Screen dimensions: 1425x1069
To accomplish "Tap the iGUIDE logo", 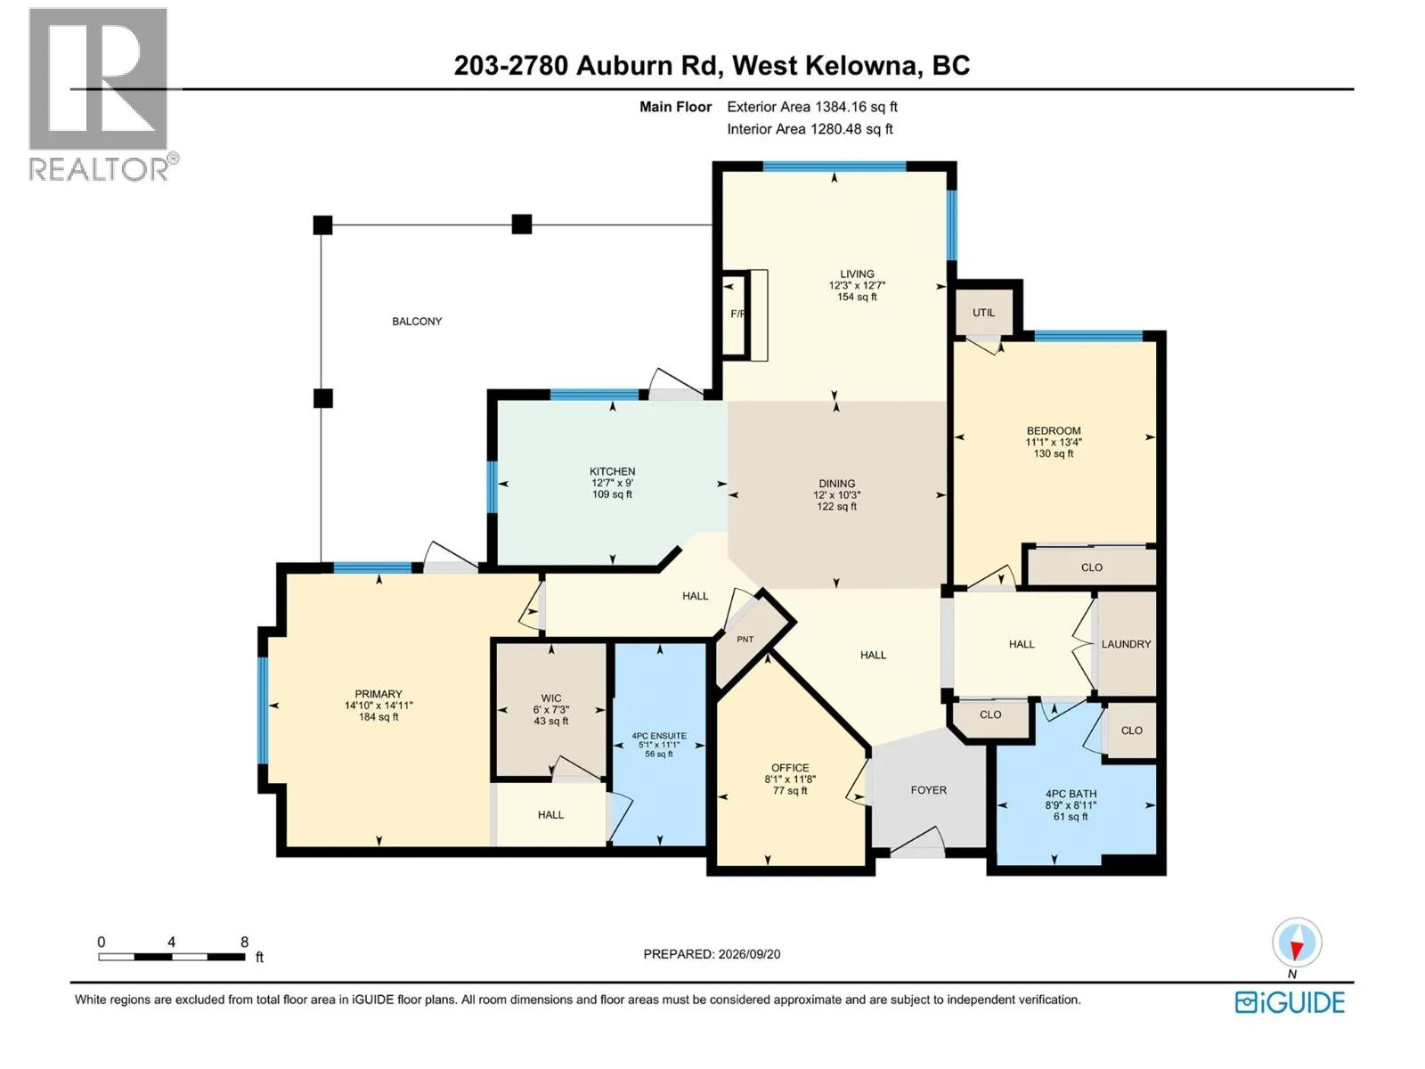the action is pos(1289,1003).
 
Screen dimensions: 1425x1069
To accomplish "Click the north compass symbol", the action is pos(1296,943).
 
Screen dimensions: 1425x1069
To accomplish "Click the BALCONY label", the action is pos(417,322).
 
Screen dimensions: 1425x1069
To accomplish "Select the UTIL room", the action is pos(983,312).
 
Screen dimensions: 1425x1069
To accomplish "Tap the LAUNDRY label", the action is pos(1126,644).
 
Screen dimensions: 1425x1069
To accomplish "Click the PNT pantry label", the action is pos(745,640).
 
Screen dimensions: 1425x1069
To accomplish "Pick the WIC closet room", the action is pos(550,709).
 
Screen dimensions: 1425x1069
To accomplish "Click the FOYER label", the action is pos(928,790).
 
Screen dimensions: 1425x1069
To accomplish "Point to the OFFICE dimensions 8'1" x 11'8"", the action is pos(790,779).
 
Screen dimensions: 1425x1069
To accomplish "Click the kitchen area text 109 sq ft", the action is pos(612,494).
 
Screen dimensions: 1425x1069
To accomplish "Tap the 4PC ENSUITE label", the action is pos(659,736).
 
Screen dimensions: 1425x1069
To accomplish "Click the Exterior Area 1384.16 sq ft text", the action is pos(812,107).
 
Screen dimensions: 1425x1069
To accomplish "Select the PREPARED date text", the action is pos(712,954).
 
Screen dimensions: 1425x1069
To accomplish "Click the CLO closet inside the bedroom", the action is pos(1091,567).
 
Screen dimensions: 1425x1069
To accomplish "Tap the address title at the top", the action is pos(712,66).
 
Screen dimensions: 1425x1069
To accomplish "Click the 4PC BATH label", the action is pos(1071,794).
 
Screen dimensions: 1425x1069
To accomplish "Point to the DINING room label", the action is pos(837,484).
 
